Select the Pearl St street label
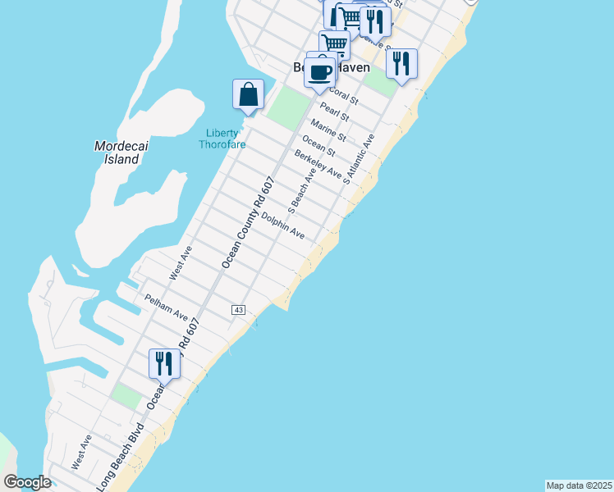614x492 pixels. (x=335, y=113)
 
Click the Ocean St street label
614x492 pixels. (x=318, y=146)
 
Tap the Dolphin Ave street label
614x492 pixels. (x=283, y=225)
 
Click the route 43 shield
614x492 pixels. (x=238, y=309)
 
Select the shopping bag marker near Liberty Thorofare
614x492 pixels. (x=248, y=95)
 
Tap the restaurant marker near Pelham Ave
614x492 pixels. (x=164, y=363)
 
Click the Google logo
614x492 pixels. (x=28, y=482)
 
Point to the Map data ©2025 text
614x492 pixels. (x=579, y=485)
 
